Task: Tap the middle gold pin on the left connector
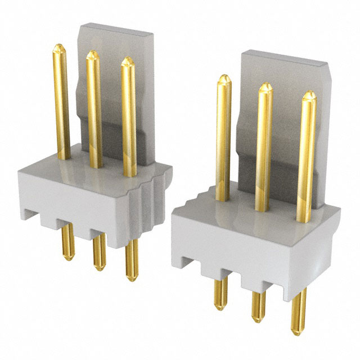pos(94,107)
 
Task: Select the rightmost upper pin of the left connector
pos(129,112)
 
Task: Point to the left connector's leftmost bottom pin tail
pos(67,242)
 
